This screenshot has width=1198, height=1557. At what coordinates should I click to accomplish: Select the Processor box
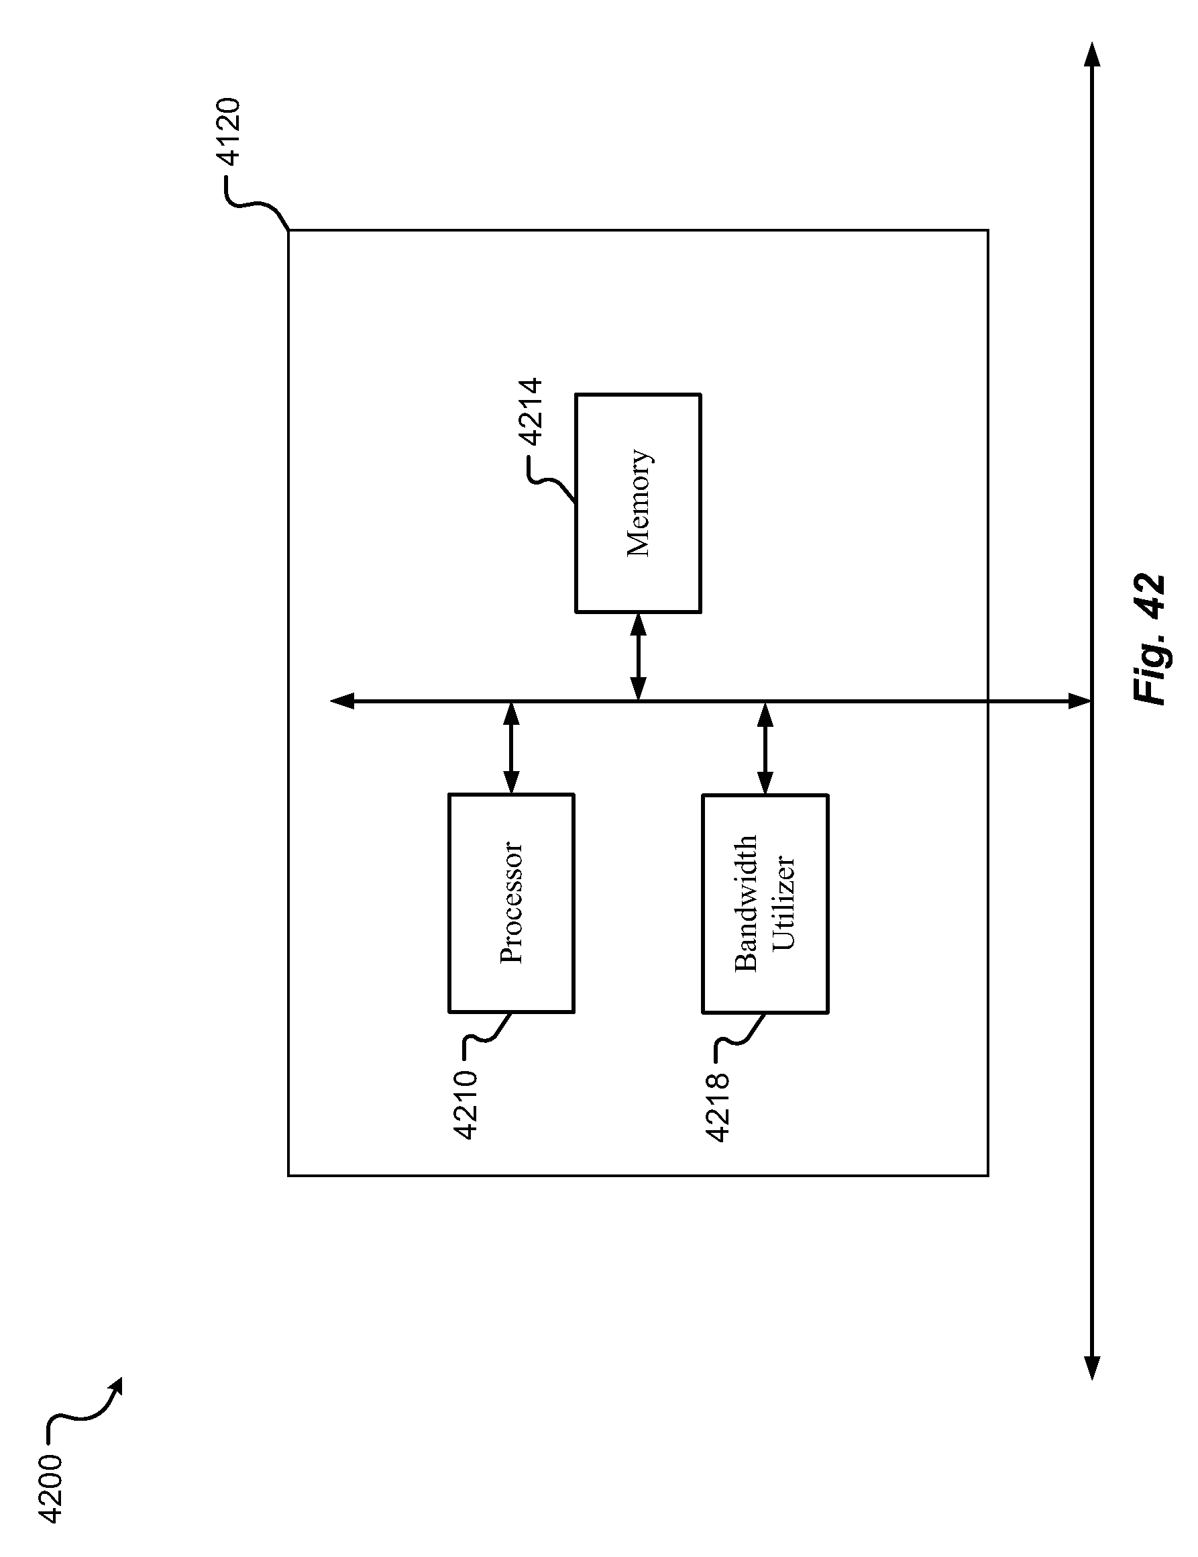click(511, 903)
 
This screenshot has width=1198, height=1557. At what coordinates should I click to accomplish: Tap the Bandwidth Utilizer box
click(765, 903)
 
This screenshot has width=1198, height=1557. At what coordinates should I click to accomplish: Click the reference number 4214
click(531, 412)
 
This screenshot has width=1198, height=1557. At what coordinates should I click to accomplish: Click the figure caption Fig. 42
click(1149, 640)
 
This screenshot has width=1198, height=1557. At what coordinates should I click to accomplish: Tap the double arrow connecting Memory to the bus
click(639, 656)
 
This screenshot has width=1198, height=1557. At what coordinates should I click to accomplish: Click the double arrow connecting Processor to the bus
click(511, 747)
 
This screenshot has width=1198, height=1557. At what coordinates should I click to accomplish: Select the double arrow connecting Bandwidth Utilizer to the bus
click(765, 747)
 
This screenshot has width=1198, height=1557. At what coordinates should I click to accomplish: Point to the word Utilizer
click(783, 903)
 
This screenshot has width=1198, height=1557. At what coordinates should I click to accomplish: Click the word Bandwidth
click(746, 903)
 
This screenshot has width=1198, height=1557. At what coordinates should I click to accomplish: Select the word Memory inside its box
click(639, 503)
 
